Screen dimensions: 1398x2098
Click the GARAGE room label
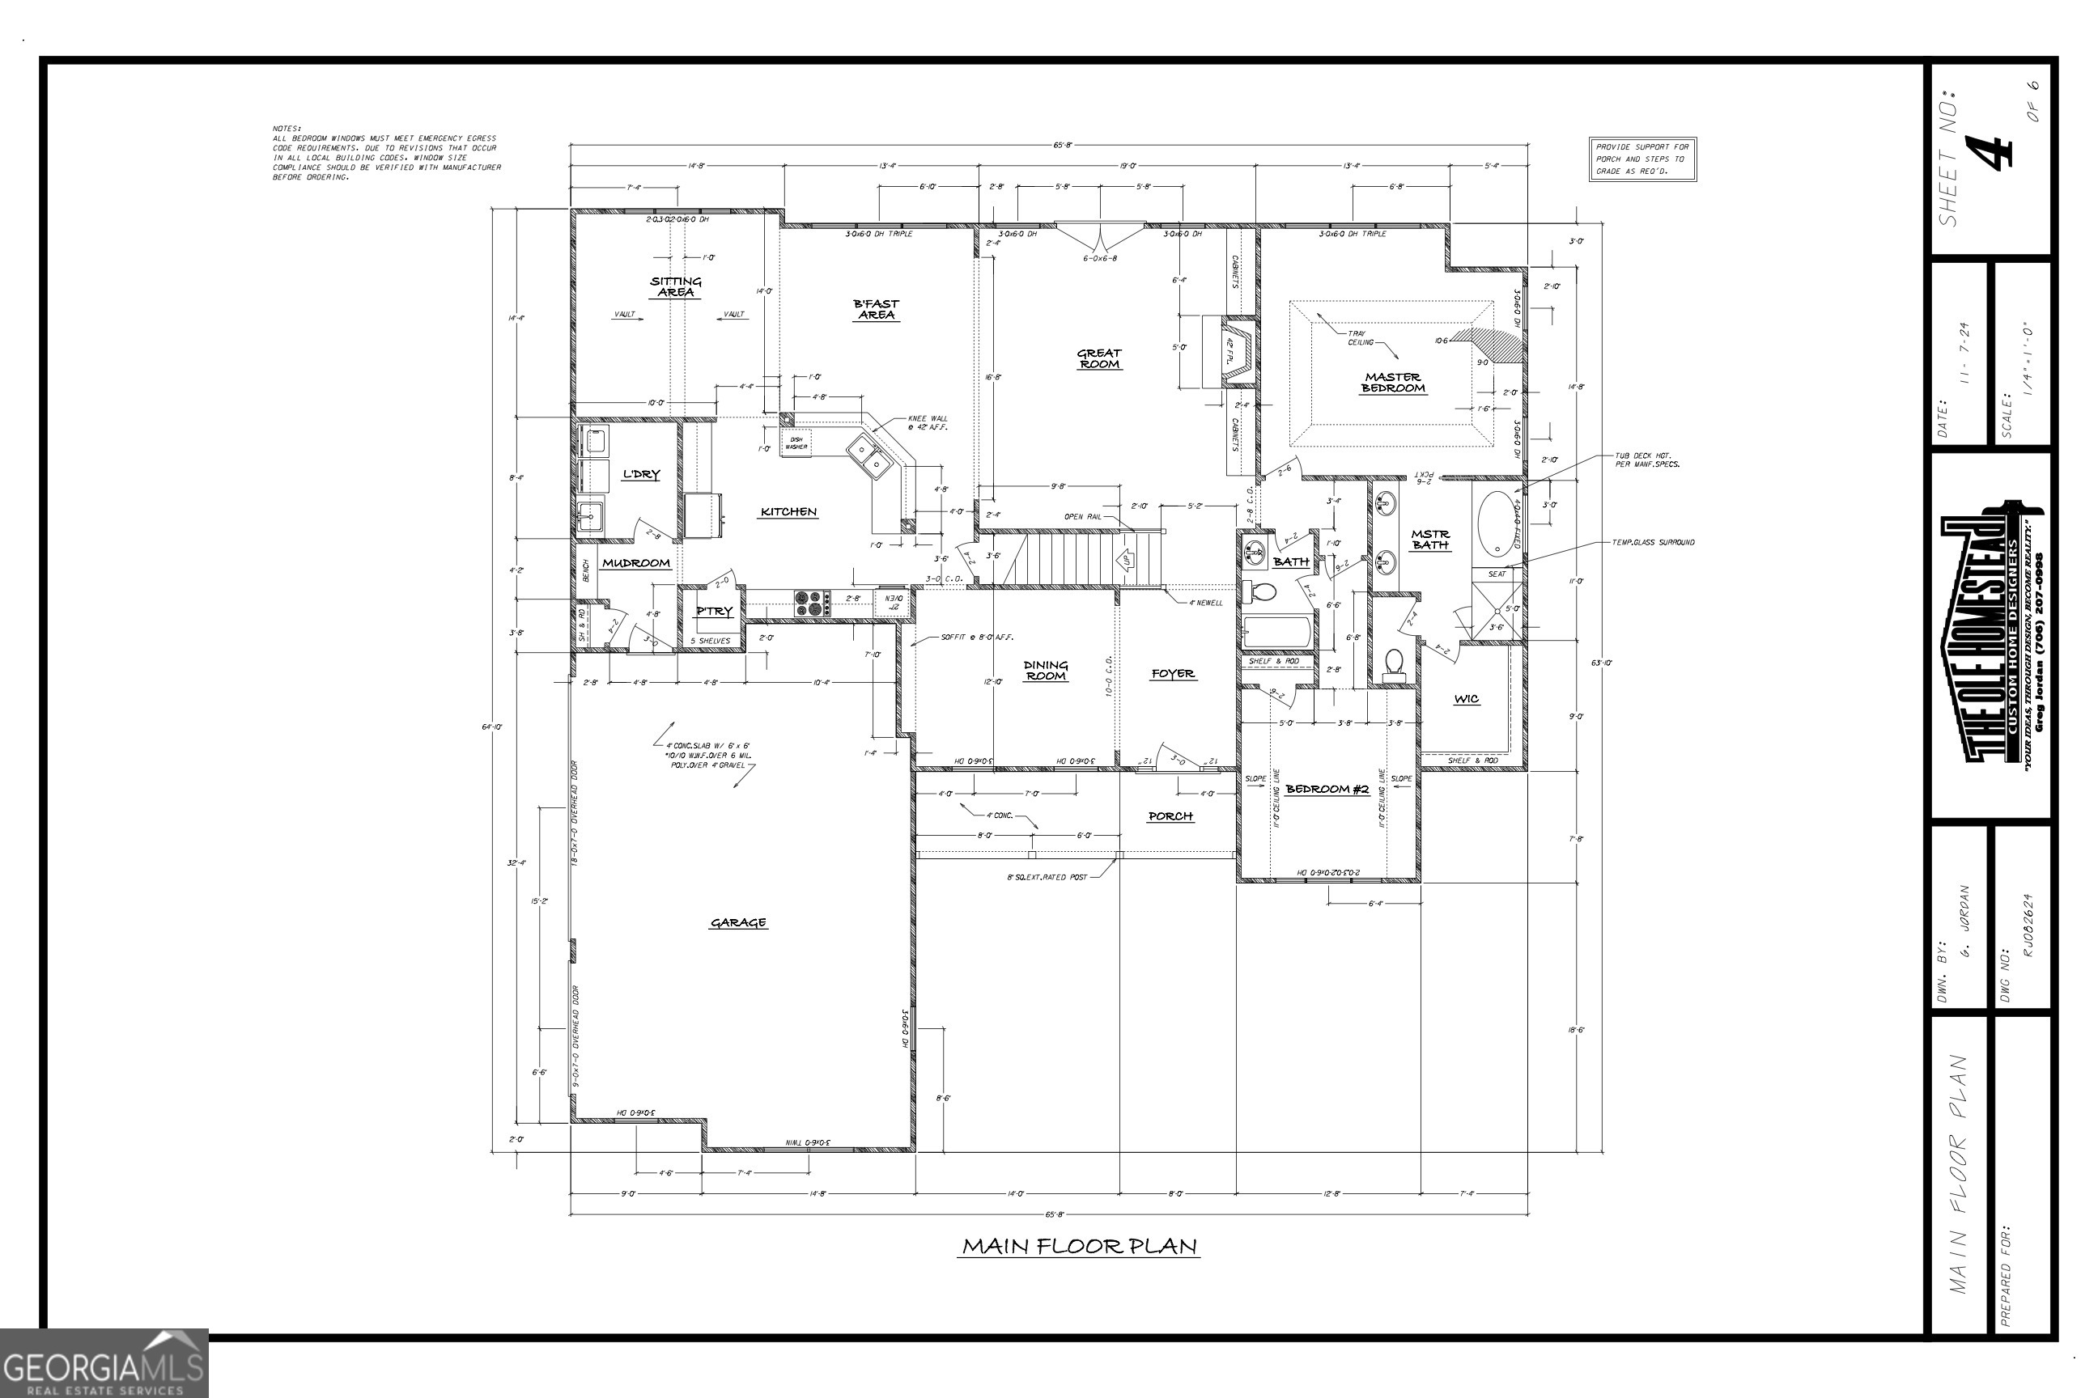[x=737, y=923]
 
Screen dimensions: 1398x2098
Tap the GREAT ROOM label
[x=1099, y=358]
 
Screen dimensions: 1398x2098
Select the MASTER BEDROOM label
[x=1392, y=383]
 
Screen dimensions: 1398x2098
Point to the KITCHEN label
[x=788, y=512]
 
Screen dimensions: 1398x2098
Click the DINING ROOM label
[x=1046, y=671]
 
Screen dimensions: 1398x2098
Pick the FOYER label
[x=1172, y=674]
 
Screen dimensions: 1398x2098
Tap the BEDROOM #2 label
[x=1327, y=789]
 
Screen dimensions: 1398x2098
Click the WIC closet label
[x=1467, y=699]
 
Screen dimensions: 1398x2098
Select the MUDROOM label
[x=636, y=562]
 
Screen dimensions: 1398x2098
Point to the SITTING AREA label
[x=675, y=286]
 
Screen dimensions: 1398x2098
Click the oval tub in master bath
[x=1496, y=524]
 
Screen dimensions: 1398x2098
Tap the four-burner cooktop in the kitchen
[x=813, y=604]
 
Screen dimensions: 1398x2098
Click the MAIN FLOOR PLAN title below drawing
[x=1078, y=1246]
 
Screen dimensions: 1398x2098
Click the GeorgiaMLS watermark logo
[x=104, y=1363]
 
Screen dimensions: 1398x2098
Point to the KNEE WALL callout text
[x=928, y=422]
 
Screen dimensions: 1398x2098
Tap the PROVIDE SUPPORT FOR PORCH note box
[x=1641, y=159]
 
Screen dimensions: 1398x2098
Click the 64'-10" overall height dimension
[x=491, y=727]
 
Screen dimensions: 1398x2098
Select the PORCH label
[x=1170, y=815]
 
